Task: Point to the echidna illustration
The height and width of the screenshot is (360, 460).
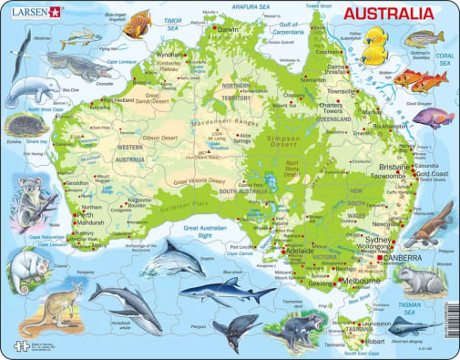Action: click(x=21, y=127)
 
